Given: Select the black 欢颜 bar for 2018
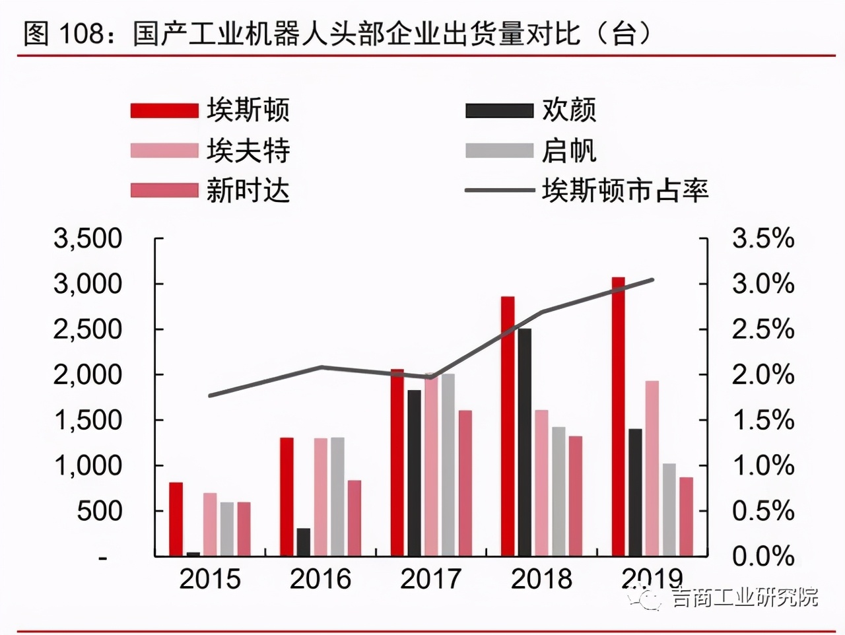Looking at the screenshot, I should pos(524,442).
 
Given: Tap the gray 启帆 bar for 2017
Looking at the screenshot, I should pos(448,465).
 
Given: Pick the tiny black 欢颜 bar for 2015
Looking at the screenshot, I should pos(193,554).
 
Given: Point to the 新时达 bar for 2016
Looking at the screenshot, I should pos(354,518).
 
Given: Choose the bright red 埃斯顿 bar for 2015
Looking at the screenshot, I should pos(176,519).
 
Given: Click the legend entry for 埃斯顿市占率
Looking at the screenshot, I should pos(625,191).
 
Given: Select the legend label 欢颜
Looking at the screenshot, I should pos(568,110).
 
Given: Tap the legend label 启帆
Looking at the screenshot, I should pos(568,150).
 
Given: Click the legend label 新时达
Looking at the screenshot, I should pos(248,191).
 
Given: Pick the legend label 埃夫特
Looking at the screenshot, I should pos(248,150).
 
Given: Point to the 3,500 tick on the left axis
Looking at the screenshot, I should pos(88,239).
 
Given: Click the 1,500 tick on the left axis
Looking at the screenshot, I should pos(88,420).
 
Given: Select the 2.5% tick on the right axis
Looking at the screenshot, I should pos(762,329).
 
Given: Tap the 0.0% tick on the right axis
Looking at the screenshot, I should pos(762,556).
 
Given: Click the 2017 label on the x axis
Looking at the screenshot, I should pos(431,580).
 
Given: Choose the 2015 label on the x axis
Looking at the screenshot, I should pos(210,580).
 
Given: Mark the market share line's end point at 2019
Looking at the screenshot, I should pos(653,280).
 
